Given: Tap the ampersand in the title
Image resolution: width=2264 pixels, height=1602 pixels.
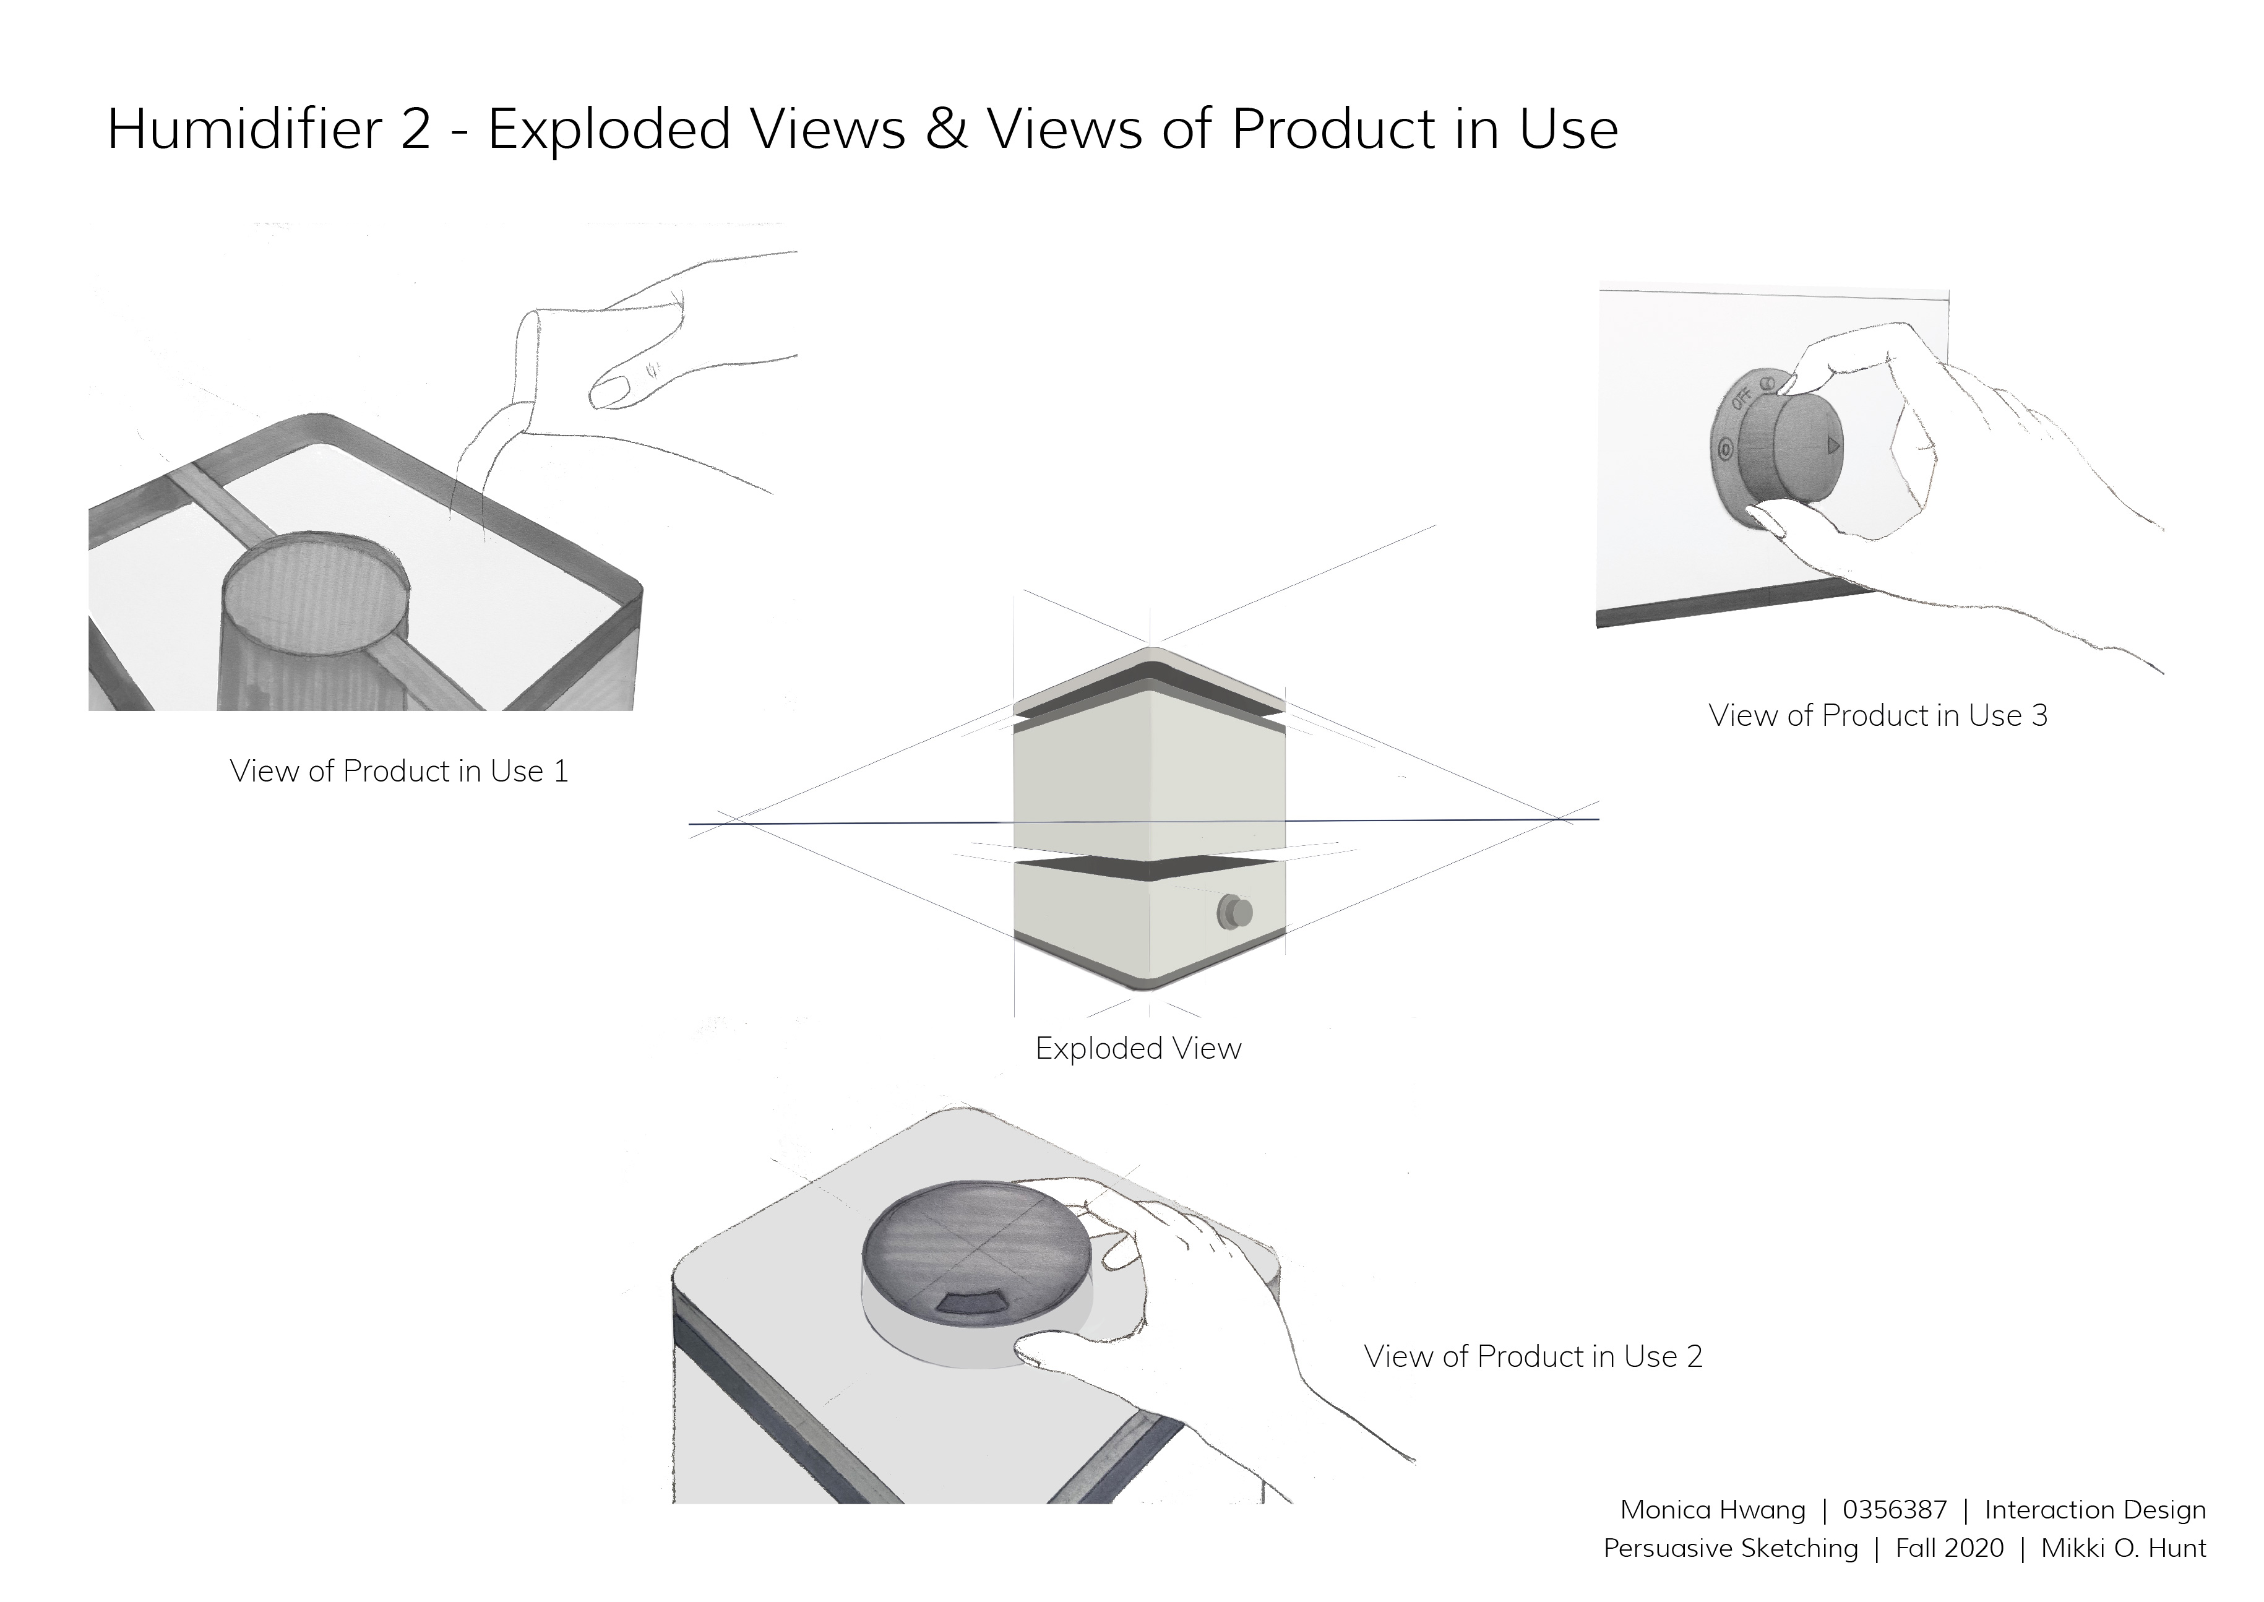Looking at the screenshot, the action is click(947, 129).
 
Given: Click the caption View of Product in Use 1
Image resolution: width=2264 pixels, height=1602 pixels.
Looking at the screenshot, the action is click(400, 772).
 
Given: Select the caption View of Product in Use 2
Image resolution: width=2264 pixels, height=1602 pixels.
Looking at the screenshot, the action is click(1533, 1356).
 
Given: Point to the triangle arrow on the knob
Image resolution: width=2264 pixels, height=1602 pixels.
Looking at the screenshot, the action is click(1833, 446).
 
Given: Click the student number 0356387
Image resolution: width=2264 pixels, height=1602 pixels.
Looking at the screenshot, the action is click(1895, 1510).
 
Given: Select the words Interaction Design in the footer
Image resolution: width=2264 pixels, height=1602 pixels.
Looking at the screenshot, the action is click(2095, 1510).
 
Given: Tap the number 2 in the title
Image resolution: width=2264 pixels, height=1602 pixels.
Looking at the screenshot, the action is click(416, 130).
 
